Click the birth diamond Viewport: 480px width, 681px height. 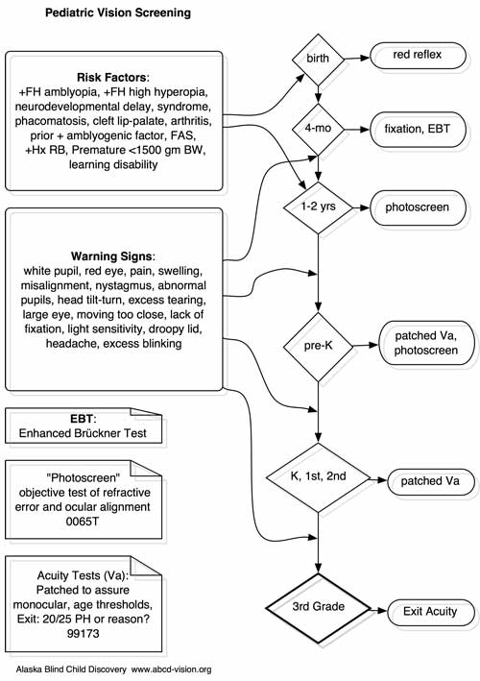pyautogui.click(x=318, y=60)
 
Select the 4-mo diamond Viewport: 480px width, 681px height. pyautogui.click(x=318, y=129)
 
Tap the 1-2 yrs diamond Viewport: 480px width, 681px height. pyautogui.click(x=318, y=207)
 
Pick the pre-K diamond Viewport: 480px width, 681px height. pyautogui.click(x=318, y=347)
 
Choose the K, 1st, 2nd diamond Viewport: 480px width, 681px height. pyautogui.click(x=318, y=477)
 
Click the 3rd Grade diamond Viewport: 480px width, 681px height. pyautogui.click(x=318, y=608)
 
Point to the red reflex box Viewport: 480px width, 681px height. pyautogui.click(x=418, y=56)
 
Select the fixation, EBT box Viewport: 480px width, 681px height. pyautogui.click(x=418, y=130)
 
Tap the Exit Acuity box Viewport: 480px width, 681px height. pyautogui.click(x=430, y=613)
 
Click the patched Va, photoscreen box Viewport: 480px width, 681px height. pyautogui.click(x=426, y=343)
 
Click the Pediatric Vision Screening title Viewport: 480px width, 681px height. pyautogui.click(x=118, y=12)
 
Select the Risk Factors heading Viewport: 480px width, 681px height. pyautogui.click(x=112, y=78)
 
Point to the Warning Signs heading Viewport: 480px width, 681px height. pyautogui.click(x=112, y=256)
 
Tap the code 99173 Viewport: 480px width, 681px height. pyautogui.click(x=83, y=634)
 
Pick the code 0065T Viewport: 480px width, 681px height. pyautogui.click(x=83, y=522)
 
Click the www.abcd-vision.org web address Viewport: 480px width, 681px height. pyautogui.click(x=172, y=669)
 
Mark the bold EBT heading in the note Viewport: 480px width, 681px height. pyautogui.click(x=82, y=419)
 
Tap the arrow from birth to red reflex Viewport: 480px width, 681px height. pyautogui.click(x=357, y=58)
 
